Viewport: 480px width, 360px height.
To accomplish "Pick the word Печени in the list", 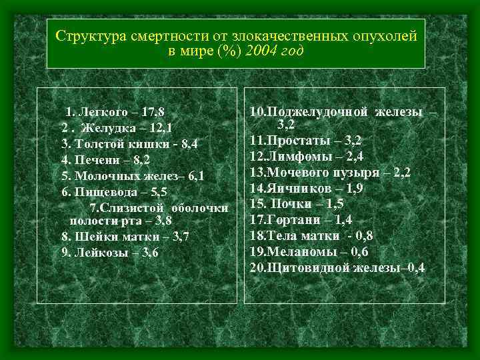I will (x=95, y=159).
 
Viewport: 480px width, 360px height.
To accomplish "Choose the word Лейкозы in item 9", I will (x=96, y=253).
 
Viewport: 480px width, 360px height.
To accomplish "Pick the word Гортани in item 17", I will (x=295, y=219).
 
